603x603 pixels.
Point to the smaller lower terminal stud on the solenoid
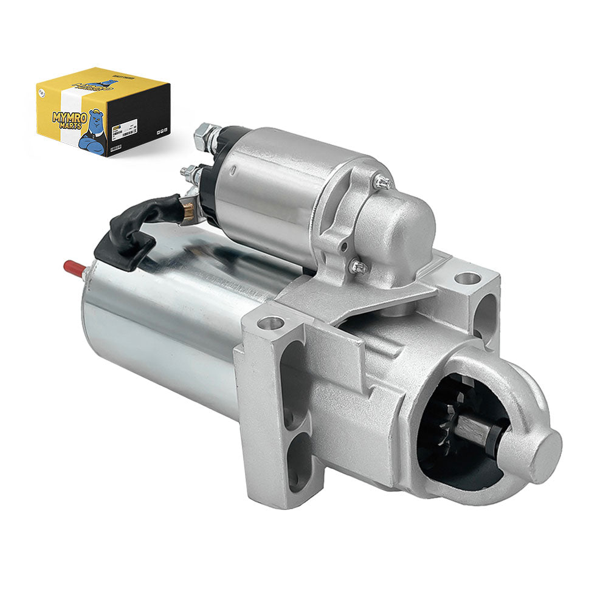pyautogui.click(x=190, y=174)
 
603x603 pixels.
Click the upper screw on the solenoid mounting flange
pyautogui.click(x=381, y=181)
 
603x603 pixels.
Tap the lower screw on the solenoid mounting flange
pyautogui.click(x=359, y=266)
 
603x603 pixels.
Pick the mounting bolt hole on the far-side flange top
pyautogui.click(x=467, y=278)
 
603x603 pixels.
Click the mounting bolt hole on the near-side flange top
pyautogui.click(x=273, y=323)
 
